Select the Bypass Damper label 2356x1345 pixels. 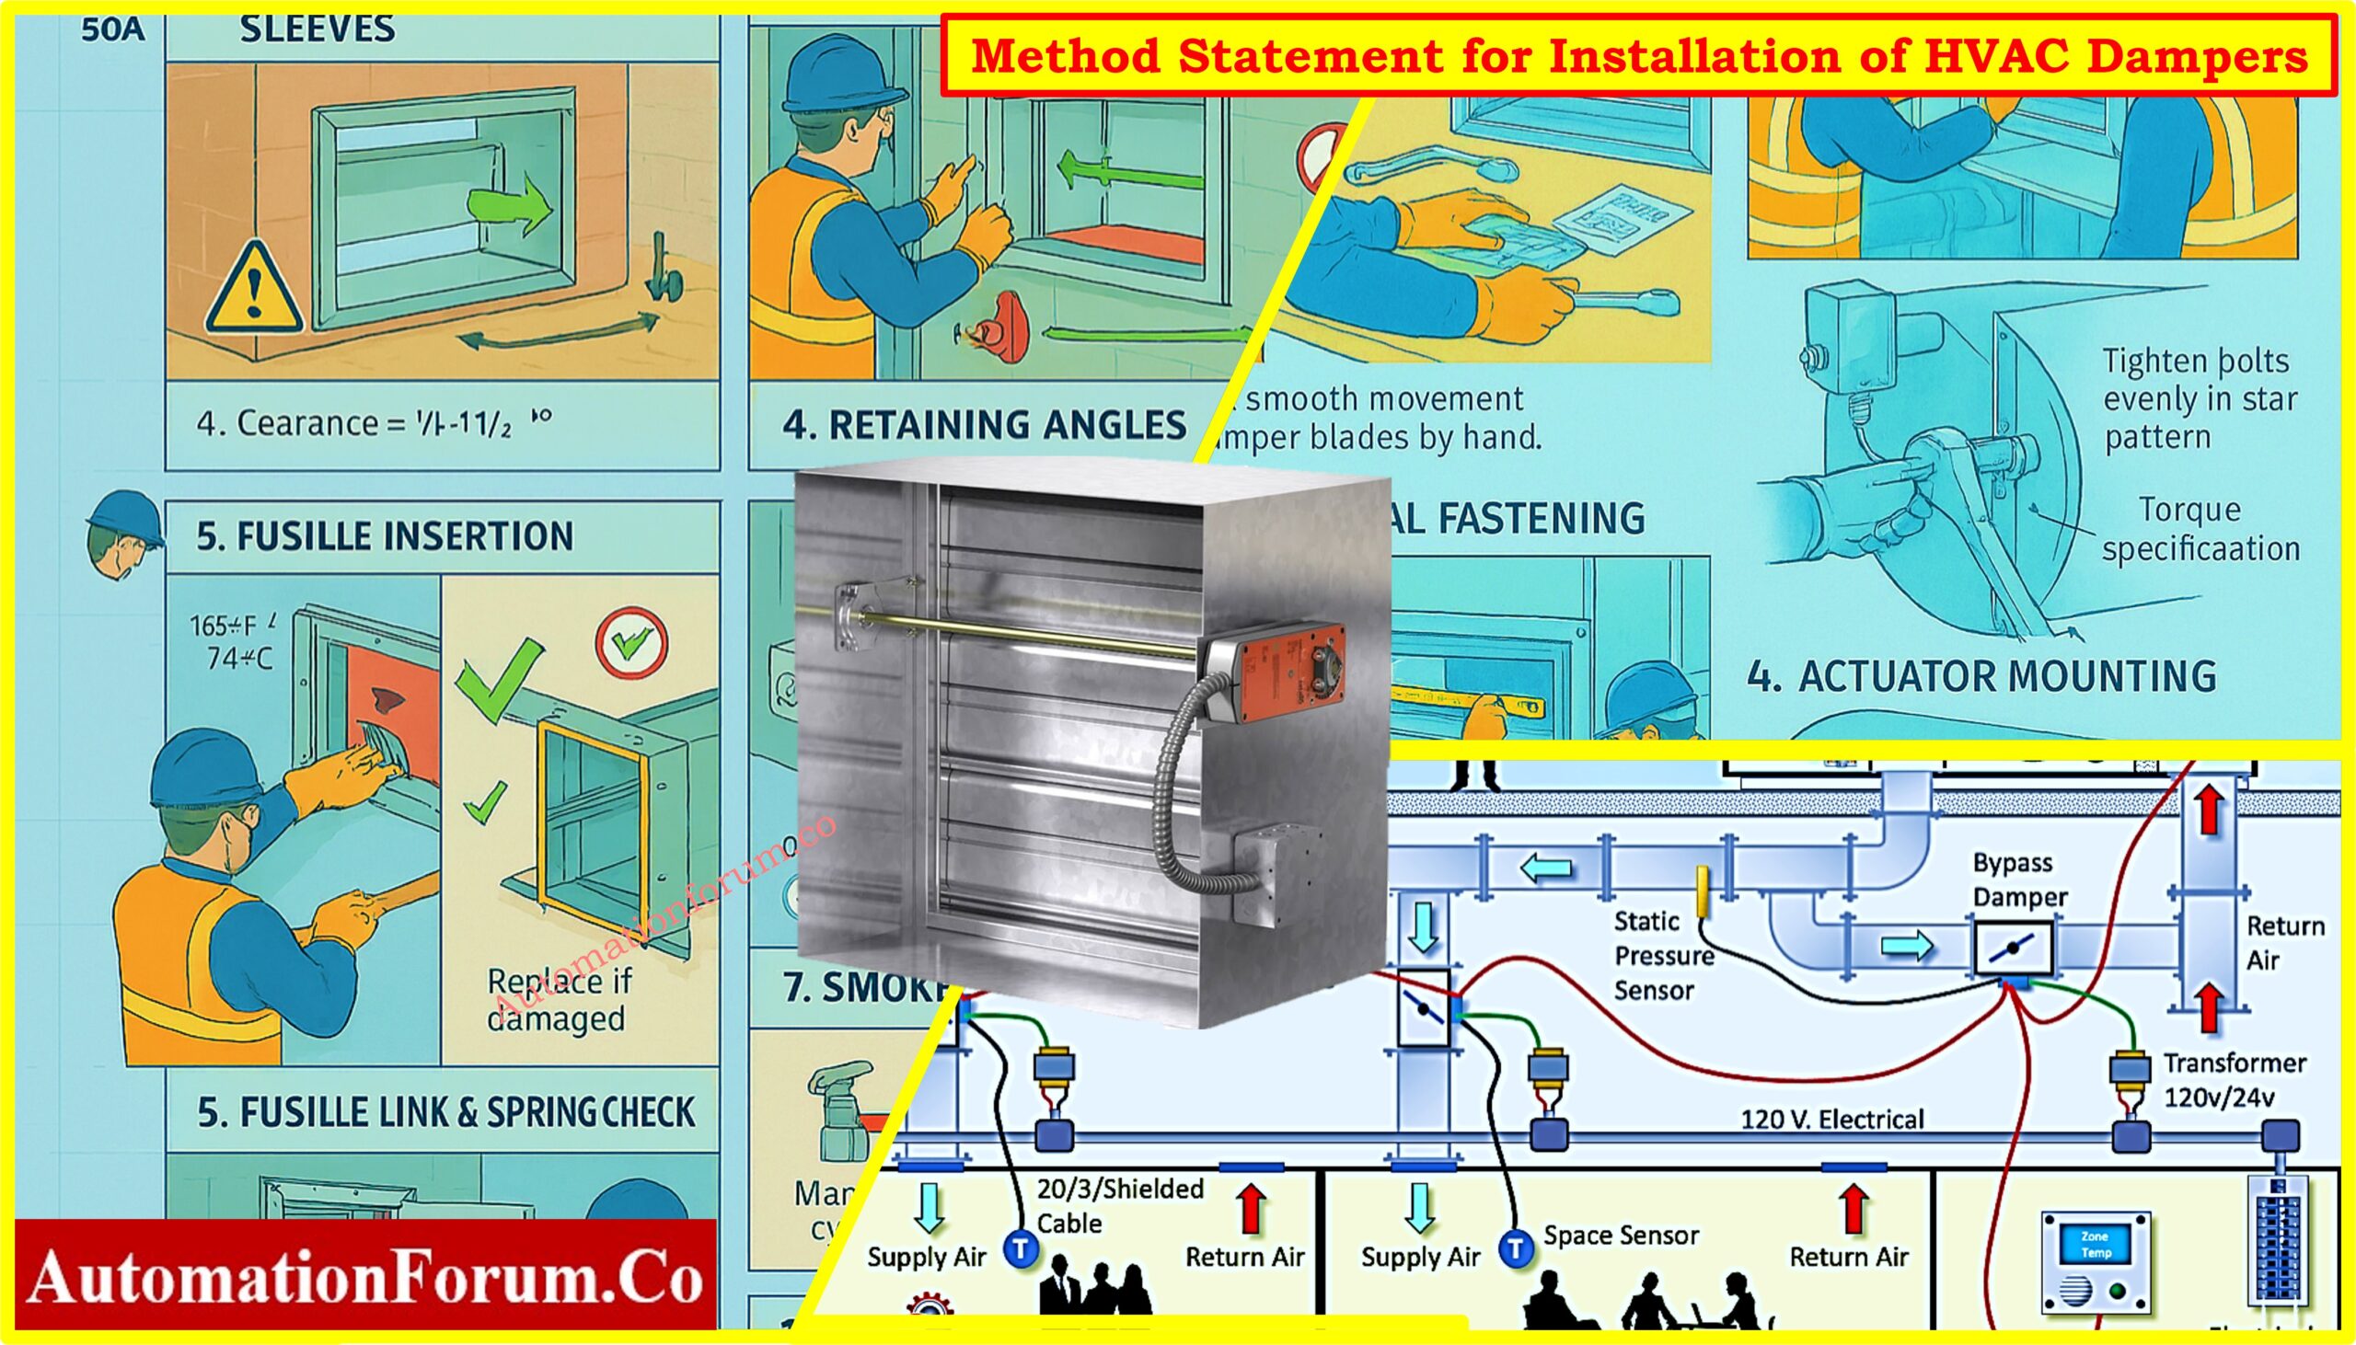[x=2019, y=879]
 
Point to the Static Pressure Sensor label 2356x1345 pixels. [x=1663, y=955]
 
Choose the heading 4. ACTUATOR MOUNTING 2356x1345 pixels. [x=1981, y=676]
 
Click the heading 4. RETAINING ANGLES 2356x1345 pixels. [x=984, y=425]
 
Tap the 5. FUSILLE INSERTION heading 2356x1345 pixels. [x=385, y=535]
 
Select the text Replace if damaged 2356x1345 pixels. [x=558, y=999]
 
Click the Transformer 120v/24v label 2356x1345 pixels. [x=2233, y=1079]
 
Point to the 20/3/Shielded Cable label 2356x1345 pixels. [x=1118, y=1204]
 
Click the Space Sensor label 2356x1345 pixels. [x=1621, y=1236]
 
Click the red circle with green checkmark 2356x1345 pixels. [x=631, y=643]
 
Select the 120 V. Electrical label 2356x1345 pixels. [x=1831, y=1120]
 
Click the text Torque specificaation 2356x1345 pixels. [x=2199, y=529]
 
